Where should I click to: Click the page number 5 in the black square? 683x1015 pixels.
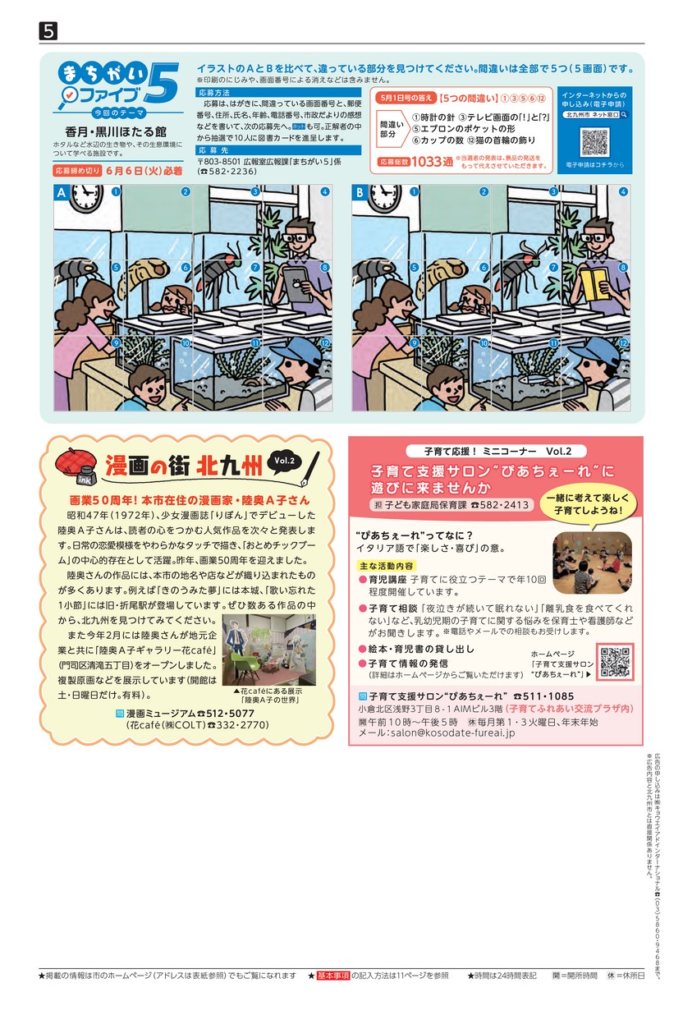(48, 31)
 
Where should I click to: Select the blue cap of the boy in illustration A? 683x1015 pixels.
(296, 352)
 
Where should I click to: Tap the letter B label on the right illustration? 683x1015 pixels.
(360, 193)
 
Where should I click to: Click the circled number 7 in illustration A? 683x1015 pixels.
(255, 268)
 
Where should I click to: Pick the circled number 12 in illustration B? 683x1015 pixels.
(623, 343)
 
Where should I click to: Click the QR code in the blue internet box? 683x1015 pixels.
(594, 142)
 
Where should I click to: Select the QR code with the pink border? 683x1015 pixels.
(615, 662)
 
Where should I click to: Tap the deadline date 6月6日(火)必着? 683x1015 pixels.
(144, 171)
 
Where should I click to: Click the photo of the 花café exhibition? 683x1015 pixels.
(269, 650)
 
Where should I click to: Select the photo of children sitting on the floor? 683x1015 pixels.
(592, 563)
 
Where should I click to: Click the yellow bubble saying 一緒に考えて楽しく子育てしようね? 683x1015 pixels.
(588, 504)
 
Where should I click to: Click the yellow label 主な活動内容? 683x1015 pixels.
(387, 566)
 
